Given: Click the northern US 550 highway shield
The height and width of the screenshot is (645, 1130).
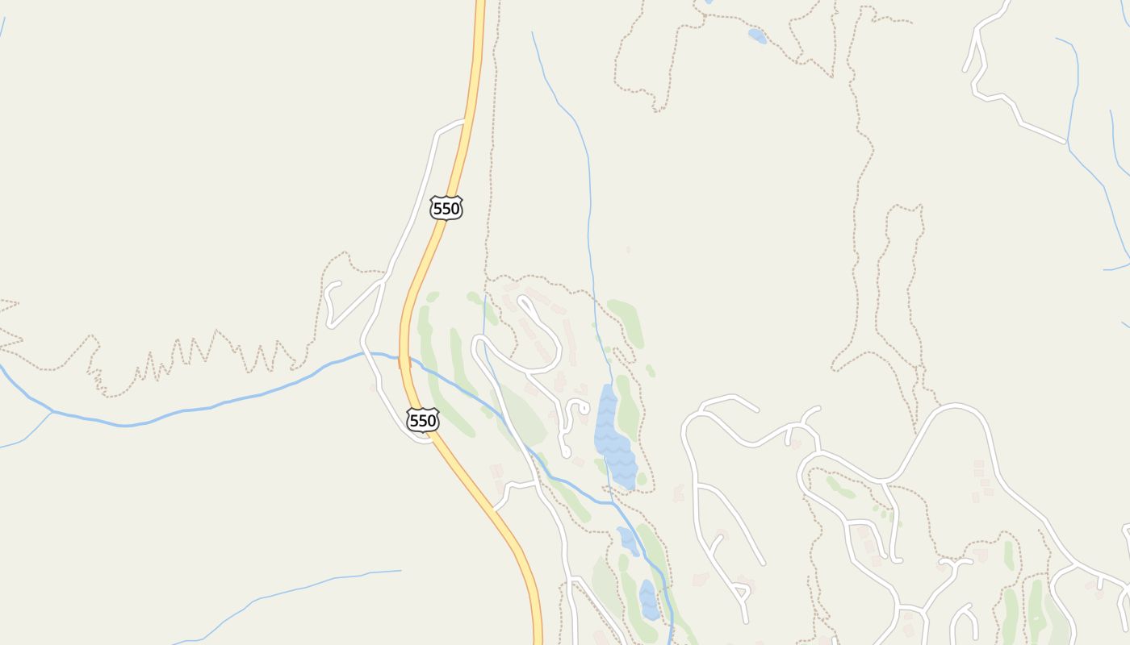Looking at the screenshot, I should pyautogui.click(x=446, y=208).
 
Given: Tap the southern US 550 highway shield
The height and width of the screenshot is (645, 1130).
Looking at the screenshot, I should pyautogui.click(x=423, y=420).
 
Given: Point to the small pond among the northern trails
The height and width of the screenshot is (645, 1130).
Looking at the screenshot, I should pyautogui.click(x=757, y=35).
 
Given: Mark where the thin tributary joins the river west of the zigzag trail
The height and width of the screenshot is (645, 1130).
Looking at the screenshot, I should pyautogui.click(x=52, y=411).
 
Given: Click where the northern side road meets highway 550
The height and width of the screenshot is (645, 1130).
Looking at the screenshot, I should pyautogui.click(x=464, y=121).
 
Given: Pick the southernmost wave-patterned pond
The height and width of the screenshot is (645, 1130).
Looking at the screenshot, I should pyautogui.click(x=648, y=600).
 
